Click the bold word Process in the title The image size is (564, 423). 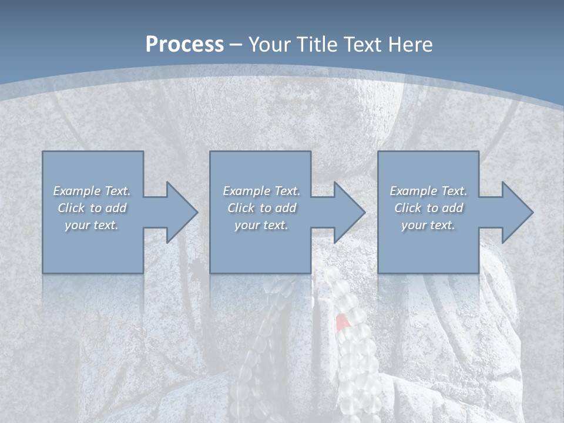tap(184, 45)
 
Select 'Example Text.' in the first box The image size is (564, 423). tap(92, 191)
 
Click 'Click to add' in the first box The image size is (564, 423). tap(92, 208)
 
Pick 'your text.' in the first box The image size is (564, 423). tap(92, 225)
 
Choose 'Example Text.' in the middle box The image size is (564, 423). tap(261, 191)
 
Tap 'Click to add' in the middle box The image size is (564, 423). tap(261, 208)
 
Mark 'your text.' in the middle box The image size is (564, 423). tap(261, 225)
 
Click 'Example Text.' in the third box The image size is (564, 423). tap(428, 191)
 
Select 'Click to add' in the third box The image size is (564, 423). tap(428, 208)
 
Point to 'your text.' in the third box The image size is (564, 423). tap(428, 225)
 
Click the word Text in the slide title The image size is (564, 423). tap(362, 45)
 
